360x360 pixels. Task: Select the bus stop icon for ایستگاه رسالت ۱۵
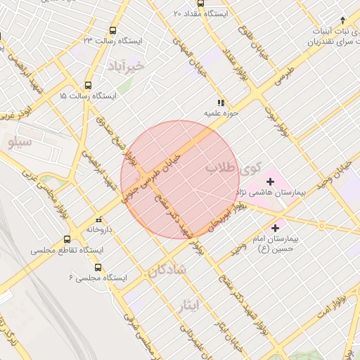point(88,83)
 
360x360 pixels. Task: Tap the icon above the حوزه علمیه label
point(221,102)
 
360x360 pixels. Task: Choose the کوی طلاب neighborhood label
point(233,169)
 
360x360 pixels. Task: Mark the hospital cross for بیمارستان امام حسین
point(275,229)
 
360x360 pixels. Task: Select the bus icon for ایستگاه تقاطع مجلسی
point(67,239)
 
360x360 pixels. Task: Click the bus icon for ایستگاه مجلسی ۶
point(97,267)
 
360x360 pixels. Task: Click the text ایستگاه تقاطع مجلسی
point(67,250)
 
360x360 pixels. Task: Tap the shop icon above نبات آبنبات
point(342,20)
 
